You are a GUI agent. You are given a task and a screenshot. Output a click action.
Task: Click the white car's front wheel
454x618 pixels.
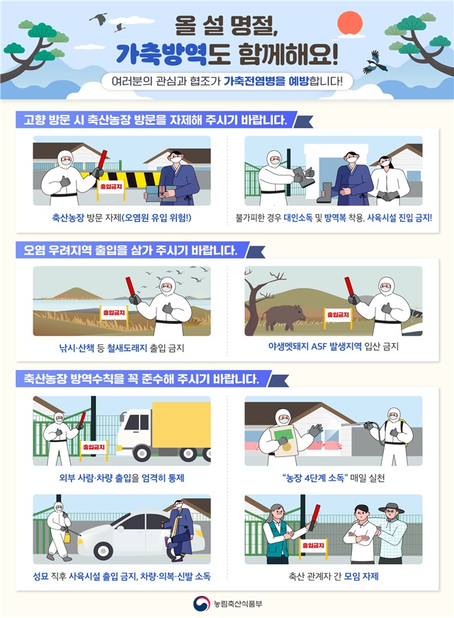[103, 551]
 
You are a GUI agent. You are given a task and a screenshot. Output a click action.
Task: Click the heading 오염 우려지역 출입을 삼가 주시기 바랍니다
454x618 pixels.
[127, 250]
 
